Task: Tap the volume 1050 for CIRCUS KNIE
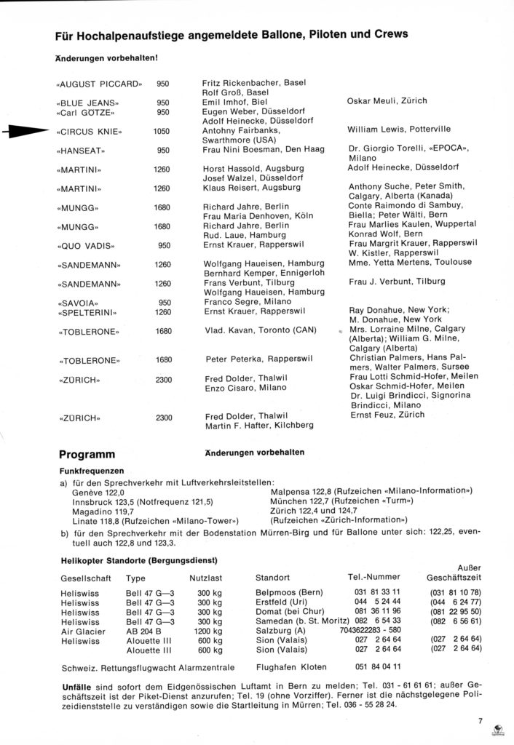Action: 162,132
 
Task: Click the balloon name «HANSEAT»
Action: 81,151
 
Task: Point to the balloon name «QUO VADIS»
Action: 86,244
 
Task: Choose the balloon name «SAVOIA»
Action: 77,302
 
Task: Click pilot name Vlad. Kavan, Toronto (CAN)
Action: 260,331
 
